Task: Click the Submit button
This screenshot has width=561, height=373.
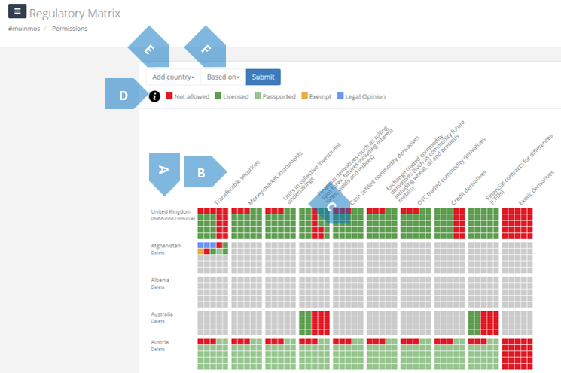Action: click(x=263, y=77)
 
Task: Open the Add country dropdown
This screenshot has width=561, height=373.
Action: click(x=173, y=77)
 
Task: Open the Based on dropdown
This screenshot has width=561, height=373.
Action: click(x=224, y=77)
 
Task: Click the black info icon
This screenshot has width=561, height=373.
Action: click(x=154, y=96)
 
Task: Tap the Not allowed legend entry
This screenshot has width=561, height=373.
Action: click(x=188, y=96)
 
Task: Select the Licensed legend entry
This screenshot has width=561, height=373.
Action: click(x=232, y=96)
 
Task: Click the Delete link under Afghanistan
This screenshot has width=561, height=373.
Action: click(x=157, y=253)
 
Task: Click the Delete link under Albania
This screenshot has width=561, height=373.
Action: click(x=157, y=287)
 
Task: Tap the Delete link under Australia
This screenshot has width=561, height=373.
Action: click(x=157, y=321)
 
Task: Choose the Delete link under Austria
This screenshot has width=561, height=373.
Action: click(x=157, y=349)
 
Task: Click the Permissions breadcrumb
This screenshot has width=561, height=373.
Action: click(x=69, y=29)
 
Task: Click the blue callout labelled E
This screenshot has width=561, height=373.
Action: click(x=149, y=50)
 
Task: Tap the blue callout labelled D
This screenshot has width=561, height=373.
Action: click(x=123, y=96)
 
